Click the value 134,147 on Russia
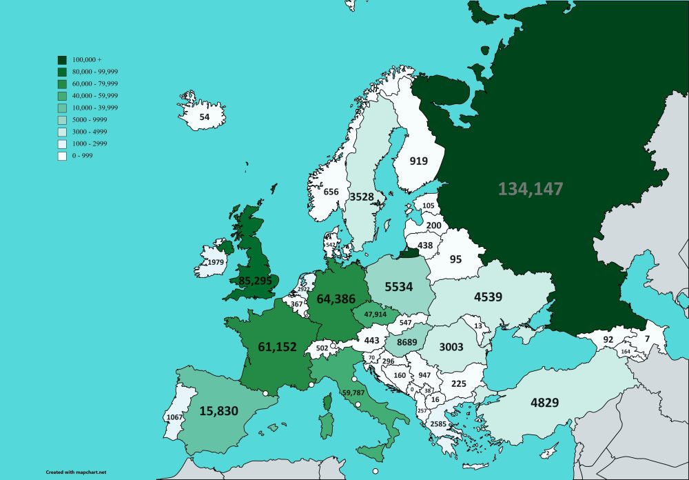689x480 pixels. [531, 188]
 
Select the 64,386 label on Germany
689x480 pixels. [336, 299]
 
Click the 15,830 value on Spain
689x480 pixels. [218, 411]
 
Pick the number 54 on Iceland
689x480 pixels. [204, 117]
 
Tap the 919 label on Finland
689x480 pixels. [418, 161]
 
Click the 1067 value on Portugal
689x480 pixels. [174, 417]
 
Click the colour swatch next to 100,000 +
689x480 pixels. [62, 60]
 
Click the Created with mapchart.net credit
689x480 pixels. [76, 472]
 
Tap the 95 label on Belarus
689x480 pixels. [455, 259]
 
